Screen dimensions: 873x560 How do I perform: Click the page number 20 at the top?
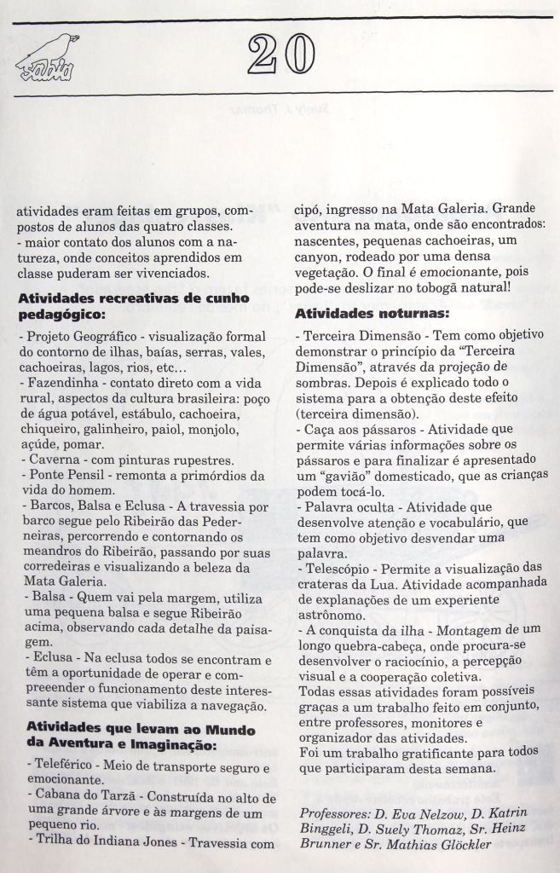pyautogui.click(x=280, y=57)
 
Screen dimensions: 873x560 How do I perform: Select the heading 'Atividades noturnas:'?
pyautogui.click(x=366, y=312)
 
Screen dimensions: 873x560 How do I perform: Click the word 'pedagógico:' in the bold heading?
pyautogui.click(x=61, y=314)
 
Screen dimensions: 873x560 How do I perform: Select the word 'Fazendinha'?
pyautogui.click(x=58, y=383)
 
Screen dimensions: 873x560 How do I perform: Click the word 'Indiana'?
pyautogui.click(x=113, y=844)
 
